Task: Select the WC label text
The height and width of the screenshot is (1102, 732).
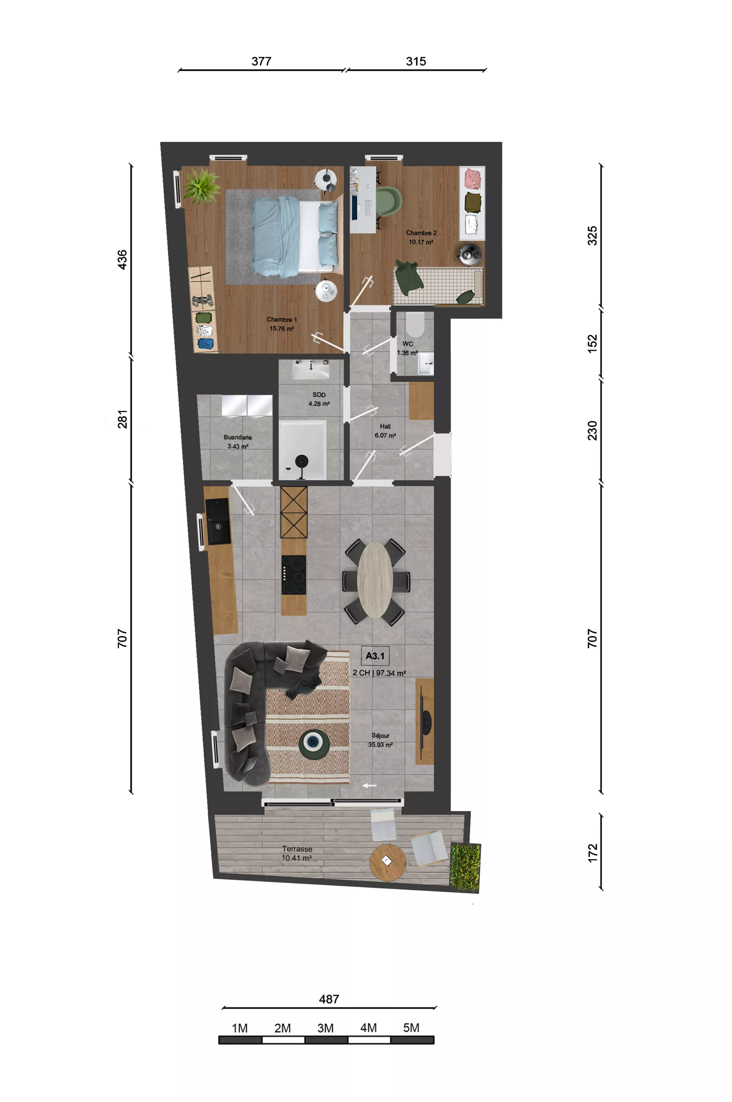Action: tap(408, 343)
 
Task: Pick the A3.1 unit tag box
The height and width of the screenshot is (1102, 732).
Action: tap(375, 656)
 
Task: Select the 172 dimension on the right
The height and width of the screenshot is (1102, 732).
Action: tap(592, 853)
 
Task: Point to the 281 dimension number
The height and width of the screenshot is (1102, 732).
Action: tap(122, 419)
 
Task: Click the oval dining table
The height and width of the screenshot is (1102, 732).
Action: tap(375, 580)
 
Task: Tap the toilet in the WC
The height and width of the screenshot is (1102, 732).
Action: tap(415, 324)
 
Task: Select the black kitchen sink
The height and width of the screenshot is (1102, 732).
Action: tap(218, 521)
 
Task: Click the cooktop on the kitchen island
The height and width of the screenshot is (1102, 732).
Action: tap(294, 575)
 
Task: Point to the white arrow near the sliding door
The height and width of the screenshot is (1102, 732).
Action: tap(369, 786)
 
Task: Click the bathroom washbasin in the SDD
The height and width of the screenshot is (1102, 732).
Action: tap(311, 371)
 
